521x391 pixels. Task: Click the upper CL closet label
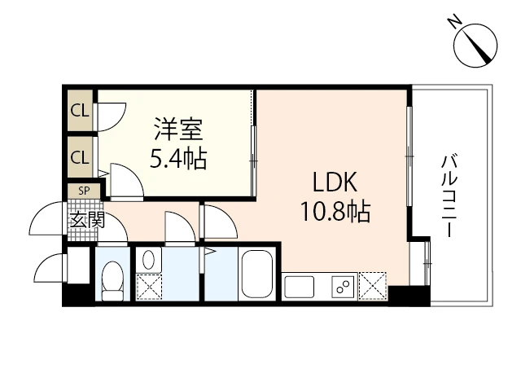tap(80, 111)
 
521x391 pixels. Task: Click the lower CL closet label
tap(80, 157)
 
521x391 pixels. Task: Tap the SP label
tap(84, 191)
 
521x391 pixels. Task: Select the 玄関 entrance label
tap(87, 220)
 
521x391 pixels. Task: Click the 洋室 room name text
tap(178, 129)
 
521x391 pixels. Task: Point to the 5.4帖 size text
tap(178, 158)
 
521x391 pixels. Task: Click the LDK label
tap(335, 182)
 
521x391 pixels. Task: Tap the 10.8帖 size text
tap(335, 212)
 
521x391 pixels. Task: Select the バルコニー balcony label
tap(449, 196)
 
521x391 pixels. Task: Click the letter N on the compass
tap(455, 22)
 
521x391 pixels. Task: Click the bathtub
tap(257, 275)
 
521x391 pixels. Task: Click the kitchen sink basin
tap(299, 287)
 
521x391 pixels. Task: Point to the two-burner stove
tap(344, 287)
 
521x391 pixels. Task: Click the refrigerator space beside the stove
tap(373, 286)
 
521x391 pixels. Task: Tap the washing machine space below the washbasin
tap(149, 288)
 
